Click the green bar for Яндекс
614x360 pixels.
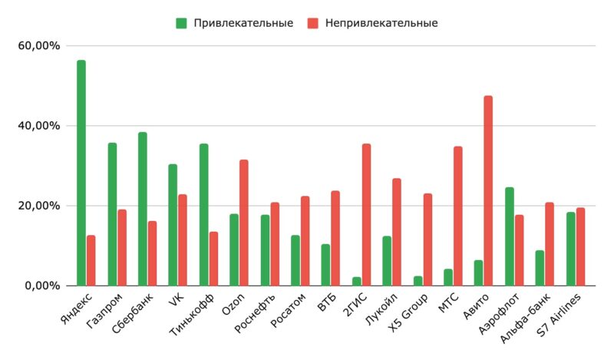[81, 173]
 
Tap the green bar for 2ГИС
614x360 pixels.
[356, 281]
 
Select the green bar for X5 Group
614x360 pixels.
[418, 280]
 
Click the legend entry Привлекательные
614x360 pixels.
[234, 23]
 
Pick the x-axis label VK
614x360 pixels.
[174, 300]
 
